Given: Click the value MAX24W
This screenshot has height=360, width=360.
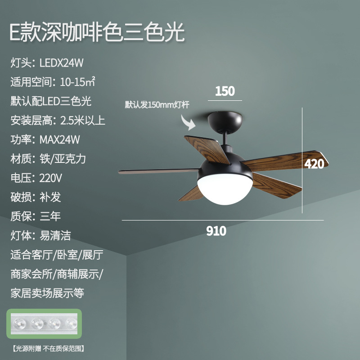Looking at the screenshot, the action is [x=59, y=139].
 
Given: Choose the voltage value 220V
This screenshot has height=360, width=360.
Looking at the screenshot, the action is [x=50, y=178].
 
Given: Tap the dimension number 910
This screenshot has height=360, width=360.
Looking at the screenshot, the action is [x=216, y=232].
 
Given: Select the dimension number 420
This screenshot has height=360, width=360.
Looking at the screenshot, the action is [x=314, y=164].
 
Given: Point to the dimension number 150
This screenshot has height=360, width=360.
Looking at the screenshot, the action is [x=225, y=91].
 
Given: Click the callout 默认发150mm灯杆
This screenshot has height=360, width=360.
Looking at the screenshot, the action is [x=157, y=105].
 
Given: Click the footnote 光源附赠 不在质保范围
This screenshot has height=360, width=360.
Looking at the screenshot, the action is [x=49, y=348].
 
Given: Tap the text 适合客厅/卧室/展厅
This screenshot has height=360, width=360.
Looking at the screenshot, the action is [x=57, y=255].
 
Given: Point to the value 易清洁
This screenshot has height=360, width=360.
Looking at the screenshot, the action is [x=55, y=235].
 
